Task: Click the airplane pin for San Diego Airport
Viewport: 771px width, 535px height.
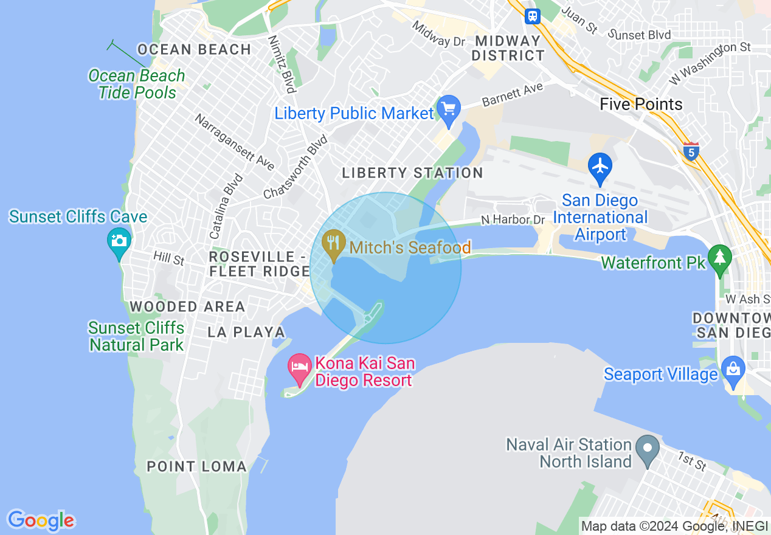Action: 600,167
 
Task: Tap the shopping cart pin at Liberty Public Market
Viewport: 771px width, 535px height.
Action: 449,110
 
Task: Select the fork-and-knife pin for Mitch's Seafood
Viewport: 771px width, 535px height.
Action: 333,244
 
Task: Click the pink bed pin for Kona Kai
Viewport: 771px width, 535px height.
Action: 300,368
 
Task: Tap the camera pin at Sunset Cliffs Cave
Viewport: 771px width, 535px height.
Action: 119,241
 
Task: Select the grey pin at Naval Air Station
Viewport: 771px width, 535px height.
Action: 648,450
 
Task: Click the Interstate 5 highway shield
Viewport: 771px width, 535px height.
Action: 691,150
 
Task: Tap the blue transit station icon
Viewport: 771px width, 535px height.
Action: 533,16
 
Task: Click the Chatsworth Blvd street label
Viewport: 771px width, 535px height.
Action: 296,168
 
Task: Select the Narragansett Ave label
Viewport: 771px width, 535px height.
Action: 234,141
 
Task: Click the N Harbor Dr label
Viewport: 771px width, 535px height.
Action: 513,219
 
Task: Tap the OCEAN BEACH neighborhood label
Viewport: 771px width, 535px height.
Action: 195,50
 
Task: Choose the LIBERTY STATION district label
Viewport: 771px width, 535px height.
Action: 412,173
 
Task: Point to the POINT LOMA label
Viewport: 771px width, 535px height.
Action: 197,467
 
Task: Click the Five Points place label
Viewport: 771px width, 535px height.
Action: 641,104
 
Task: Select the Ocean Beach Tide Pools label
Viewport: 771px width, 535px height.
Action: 136,84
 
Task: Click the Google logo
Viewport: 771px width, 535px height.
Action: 41,520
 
